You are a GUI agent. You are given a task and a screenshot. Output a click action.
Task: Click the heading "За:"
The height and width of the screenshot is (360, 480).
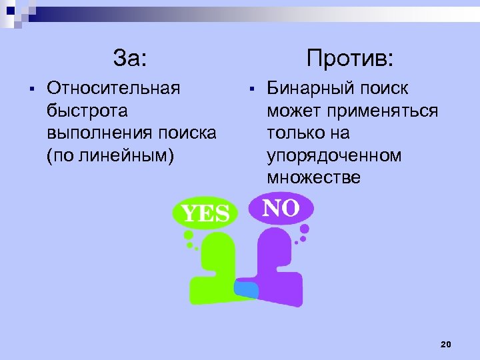pos(129,58)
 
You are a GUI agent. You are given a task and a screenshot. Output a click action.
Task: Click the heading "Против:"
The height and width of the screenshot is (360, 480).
pos(350,58)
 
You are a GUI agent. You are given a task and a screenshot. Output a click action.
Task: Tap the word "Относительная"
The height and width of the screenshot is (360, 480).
pos(113,88)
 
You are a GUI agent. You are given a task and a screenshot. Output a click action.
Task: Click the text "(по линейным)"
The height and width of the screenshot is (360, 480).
pos(110,155)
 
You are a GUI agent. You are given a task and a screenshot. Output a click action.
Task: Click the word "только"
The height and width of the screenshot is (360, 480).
pos(298,133)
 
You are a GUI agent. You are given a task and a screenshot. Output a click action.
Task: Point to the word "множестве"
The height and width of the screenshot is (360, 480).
pos(313,177)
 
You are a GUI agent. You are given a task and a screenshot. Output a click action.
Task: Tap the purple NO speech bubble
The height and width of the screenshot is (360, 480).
pos(281,209)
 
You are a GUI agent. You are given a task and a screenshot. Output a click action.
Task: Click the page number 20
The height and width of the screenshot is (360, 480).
pos(446,344)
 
